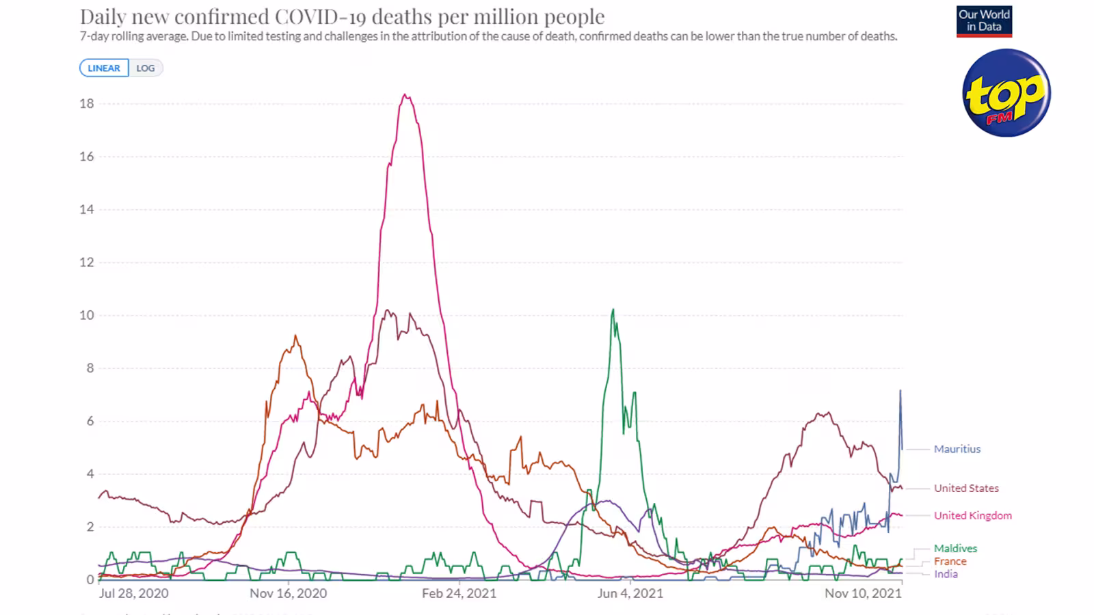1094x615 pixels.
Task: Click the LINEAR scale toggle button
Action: pyautogui.click(x=104, y=68)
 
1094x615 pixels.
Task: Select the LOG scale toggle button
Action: pyautogui.click(x=146, y=68)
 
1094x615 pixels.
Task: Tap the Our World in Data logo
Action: pyautogui.click(x=984, y=21)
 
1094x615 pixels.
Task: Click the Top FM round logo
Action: pyautogui.click(x=1006, y=93)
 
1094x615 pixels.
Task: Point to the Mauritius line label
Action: pyautogui.click(x=957, y=449)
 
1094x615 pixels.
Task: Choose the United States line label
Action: pyautogui.click(x=966, y=488)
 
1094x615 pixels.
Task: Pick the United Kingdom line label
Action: pyautogui.click(x=973, y=515)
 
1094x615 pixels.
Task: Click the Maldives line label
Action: pyautogui.click(x=955, y=548)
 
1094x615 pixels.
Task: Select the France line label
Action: pyautogui.click(x=950, y=561)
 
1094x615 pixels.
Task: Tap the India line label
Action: pyautogui.click(x=946, y=574)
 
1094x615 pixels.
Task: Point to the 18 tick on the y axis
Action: pyautogui.click(x=86, y=103)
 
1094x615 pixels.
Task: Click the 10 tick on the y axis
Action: pyautogui.click(x=86, y=315)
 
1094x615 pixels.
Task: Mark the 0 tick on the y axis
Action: pyautogui.click(x=90, y=580)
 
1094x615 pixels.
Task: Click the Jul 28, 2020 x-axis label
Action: pyautogui.click(x=133, y=594)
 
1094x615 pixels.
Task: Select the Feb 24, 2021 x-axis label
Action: pyautogui.click(x=459, y=594)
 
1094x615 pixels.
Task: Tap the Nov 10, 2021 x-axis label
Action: pyautogui.click(x=863, y=594)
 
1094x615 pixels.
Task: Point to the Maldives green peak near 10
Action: pyautogui.click(x=613, y=310)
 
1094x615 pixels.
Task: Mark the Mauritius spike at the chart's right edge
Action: pyautogui.click(x=900, y=390)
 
